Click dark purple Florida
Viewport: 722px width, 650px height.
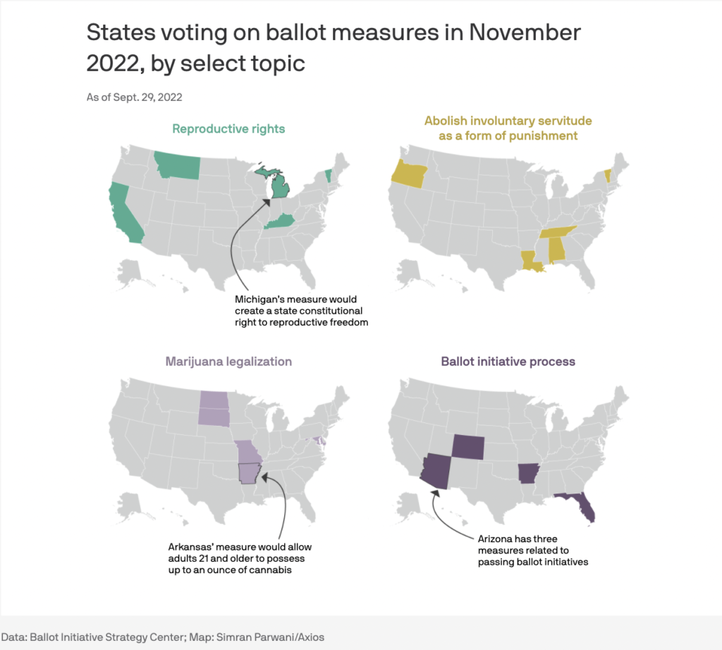pyautogui.click(x=582, y=506)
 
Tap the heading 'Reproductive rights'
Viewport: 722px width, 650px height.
pyautogui.click(x=228, y=128)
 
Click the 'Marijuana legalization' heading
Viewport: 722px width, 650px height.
pyautogui.click(x=228, y=362)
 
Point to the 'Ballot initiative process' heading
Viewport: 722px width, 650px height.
pyautogui.click(x=508, y=362)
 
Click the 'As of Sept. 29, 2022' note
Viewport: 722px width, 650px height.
pyautogui.click(x=139, y=97)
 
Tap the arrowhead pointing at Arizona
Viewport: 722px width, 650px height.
pyautogui.click(x=434, y=496)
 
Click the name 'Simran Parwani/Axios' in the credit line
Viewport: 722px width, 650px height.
pyautogui.click(x=274, y=635)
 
